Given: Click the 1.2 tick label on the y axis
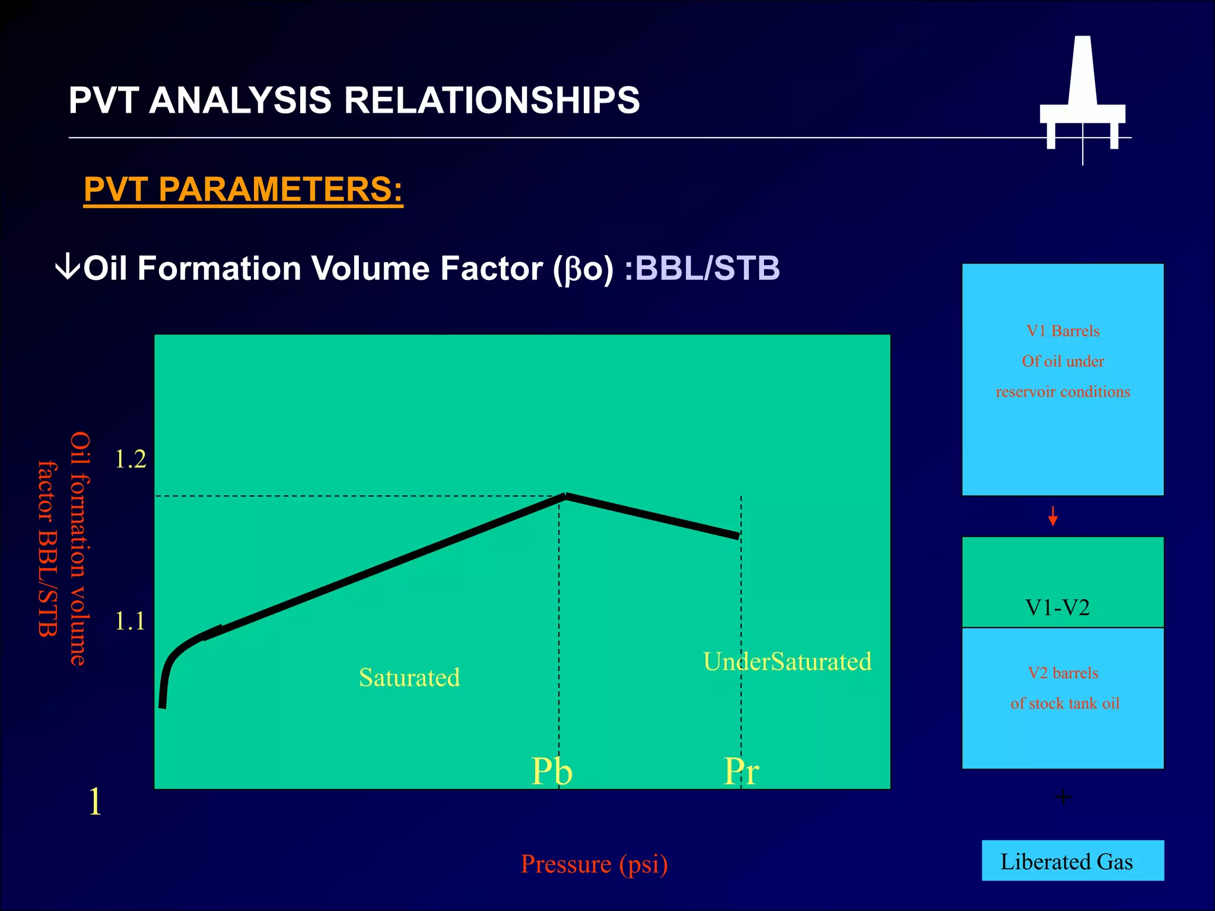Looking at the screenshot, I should click(x=130, y=460).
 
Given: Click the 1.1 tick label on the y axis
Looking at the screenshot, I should click(x=129, y=622).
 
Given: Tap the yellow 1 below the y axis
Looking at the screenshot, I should click(x=95, y=802).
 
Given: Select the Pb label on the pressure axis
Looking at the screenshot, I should click(x=552, y=772).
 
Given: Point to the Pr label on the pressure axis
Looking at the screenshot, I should click(x=741, y=772).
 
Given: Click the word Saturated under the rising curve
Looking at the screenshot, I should click(x=409, y=677).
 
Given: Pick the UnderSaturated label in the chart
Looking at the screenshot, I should click(x=787, y=661).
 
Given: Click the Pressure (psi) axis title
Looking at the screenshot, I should click(x=594, y=864).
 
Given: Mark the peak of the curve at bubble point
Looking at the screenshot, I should click(x=565, y=496).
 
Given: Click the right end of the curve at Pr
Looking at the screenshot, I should click(x=737, y=536).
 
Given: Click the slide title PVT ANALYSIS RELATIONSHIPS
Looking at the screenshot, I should click(x=354, y=100).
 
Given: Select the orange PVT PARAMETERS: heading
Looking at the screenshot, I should click(x=243, y=190).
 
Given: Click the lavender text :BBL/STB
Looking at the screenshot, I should click(x=702, y=268).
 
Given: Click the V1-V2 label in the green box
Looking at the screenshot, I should click(x=1057, y=608).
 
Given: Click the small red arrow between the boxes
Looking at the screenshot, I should click(x=1052, y=516).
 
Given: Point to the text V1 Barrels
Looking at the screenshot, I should click(x=1063, y=331).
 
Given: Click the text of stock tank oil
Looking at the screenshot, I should click(x=1065, y=703).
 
